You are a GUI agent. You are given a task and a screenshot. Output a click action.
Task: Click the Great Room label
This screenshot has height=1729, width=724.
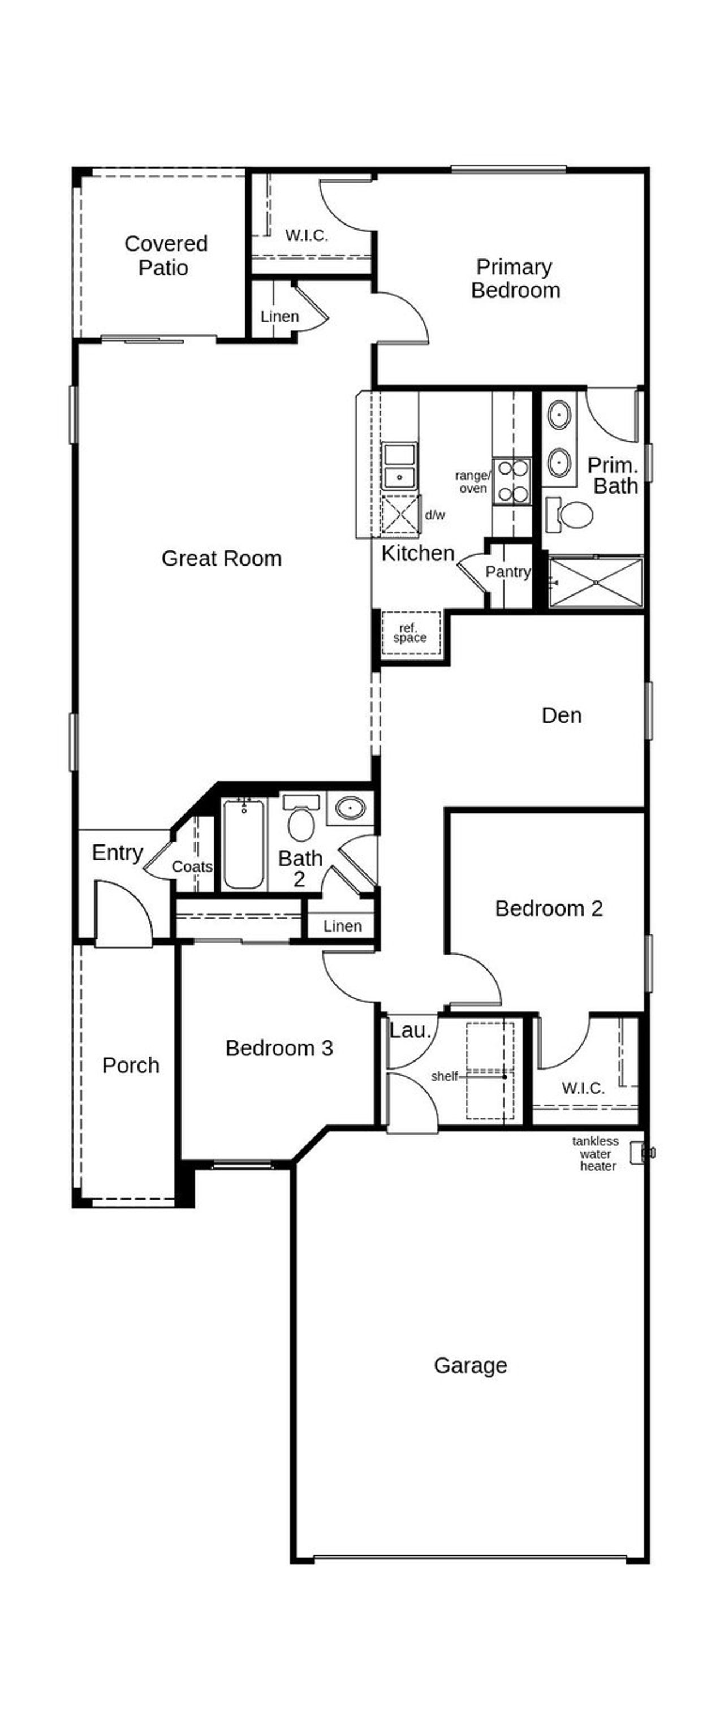(221, 558)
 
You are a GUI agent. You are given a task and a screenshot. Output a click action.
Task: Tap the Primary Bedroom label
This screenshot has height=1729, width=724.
(515, 278)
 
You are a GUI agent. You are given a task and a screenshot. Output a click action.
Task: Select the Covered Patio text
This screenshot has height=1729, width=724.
(165, 255)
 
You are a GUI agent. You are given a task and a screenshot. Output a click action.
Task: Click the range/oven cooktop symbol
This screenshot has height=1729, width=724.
(511, 481)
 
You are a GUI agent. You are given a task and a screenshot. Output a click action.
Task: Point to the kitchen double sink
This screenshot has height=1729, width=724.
(399, 467)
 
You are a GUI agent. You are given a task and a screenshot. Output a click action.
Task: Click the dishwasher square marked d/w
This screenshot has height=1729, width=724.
(400, 515)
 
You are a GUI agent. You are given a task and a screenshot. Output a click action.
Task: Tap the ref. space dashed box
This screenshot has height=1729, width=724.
(411, 633)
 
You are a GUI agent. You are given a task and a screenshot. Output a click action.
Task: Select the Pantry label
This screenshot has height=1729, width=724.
(507, 572)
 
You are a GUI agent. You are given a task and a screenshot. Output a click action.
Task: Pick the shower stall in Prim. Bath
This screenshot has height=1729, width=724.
(595, 582)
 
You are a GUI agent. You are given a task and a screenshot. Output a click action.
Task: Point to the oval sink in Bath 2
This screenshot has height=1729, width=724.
(350, 808)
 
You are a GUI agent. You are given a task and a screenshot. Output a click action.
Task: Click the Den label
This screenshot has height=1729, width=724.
(561, 715)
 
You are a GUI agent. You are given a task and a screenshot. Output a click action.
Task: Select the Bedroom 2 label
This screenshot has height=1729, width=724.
(548, 908)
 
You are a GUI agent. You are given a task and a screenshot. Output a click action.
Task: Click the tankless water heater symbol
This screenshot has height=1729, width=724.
(640, 1153)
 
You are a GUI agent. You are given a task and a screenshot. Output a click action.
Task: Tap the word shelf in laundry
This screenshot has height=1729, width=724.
(444, 1077)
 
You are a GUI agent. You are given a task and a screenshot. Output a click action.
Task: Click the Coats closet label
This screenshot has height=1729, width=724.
(192, 866)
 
